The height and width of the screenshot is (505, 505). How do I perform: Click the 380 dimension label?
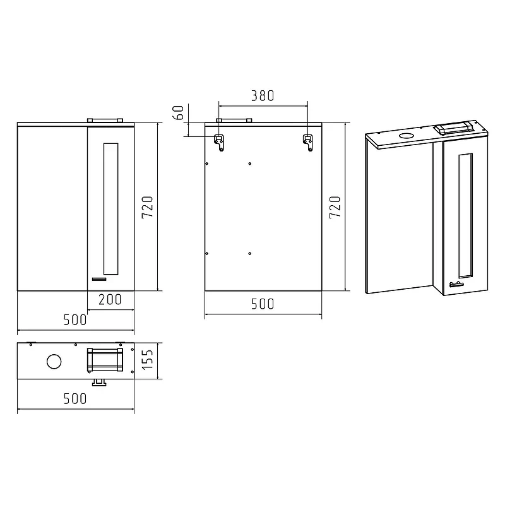(263, 96)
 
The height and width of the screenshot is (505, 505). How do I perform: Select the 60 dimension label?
(179, 112)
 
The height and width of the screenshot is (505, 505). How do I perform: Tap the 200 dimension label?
(110, 299)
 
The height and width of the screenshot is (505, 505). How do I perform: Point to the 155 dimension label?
(148, 359)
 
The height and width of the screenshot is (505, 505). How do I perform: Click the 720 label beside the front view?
(148, 207)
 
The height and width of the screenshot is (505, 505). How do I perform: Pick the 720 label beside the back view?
(335, 207)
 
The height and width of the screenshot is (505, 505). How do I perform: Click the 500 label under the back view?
(263, 304)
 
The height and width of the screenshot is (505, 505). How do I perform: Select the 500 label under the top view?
(75, 399)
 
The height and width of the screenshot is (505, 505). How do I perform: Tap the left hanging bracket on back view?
(219, 143)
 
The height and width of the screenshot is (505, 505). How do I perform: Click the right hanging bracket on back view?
(308, 143)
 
